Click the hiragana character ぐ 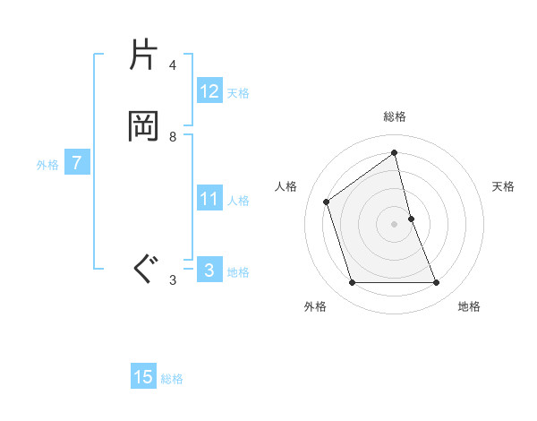pos(144,269)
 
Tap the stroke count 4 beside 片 pos(173,65)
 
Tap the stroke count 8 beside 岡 pos(173,136)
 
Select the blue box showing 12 pos(209,90)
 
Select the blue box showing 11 pos(209,199)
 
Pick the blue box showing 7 pos(78,163)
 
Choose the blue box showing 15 pos(143,377)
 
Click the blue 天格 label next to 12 pos(238,92)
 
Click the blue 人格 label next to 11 pos(239,201)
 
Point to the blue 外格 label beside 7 pos(47,165)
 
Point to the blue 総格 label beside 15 pos(172,379)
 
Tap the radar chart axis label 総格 pos(395,116)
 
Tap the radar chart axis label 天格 pos(503,186)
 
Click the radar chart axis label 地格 pos(469,306)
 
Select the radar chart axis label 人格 pos(286,186)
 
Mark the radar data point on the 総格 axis pos(395,153)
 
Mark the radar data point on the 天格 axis pos(412,219)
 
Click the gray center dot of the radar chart pos(395,224)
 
